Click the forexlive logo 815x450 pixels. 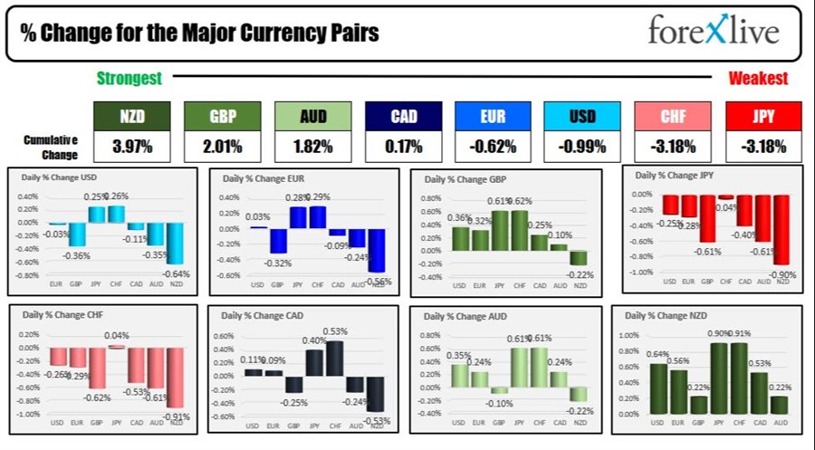pyautogui.click(x=714, y=32)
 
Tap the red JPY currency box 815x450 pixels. pyautogui.click(x=763, y=116)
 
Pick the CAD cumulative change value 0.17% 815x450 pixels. pyautogui.click(x=403, y=147)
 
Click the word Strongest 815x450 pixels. pyautogui.click(x=129, y=79)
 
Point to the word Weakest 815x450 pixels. pyautogui.click(x=758, y=79)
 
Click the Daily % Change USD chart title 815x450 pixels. pyautogui.click(x=61, y=177)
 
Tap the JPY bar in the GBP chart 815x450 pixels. pyautogui.click(x=499, y=231)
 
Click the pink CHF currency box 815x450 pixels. pyautogui.click(x=673, y=116)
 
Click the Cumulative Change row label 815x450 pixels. pyautogui.click(x=52, y=146)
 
